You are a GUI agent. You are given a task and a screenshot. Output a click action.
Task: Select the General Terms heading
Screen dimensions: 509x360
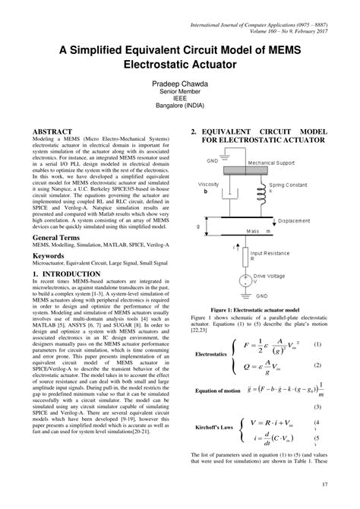click(x=59, y=239)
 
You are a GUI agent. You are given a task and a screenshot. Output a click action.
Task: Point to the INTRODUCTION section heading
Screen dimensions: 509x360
click(x=68, y=273)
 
